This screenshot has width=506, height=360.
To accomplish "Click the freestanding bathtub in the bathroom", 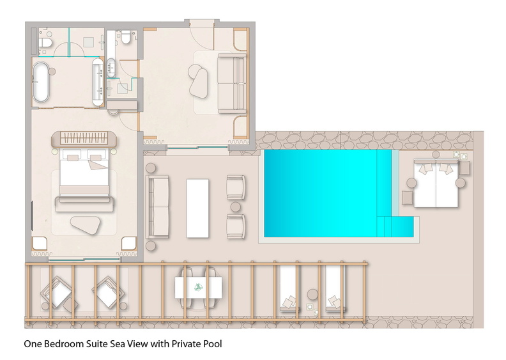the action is point(41,82).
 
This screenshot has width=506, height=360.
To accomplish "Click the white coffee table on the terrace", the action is point(197,208).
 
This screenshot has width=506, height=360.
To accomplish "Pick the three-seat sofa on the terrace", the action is point(157,207).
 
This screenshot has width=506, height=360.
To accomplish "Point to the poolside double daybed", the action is point(436,183).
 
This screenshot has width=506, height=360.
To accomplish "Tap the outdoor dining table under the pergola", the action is point(198,287).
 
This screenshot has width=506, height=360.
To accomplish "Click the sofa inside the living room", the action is point(231,84).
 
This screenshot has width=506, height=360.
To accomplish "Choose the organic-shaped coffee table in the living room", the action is point(198,81).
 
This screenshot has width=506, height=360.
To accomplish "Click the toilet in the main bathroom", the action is point(45,42).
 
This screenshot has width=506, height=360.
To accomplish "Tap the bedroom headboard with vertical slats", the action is point(84,138).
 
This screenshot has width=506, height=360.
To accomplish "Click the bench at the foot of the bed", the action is point(84,204).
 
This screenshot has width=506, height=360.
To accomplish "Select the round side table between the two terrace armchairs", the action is point(236,207).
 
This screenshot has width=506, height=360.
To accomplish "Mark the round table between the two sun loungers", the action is point(312,294).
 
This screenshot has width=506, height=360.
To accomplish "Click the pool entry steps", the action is point(395,226).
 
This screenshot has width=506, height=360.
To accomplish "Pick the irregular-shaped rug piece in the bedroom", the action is point(86,224).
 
